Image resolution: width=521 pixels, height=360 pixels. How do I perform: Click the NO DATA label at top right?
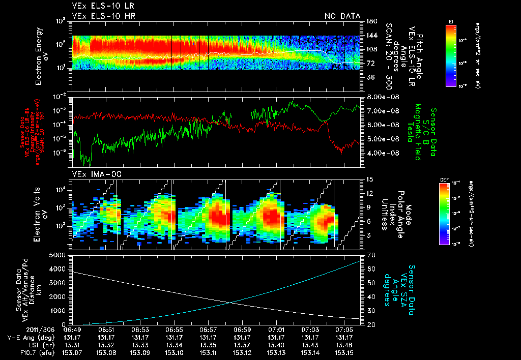(342, 16)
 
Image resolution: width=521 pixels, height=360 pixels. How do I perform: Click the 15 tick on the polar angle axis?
(368, 179)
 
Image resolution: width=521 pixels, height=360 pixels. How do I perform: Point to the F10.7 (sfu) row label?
(20, 352)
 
